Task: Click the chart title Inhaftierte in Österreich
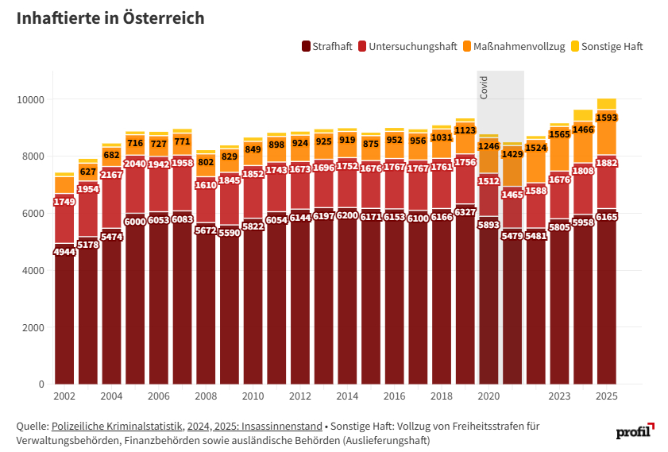[x=110, y=18]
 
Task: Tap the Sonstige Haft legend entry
[x=612, y=47]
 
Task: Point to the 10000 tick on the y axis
[x=33, y=99]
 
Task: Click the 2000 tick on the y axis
[x=35, y=327]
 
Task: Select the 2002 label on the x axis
[x=64, y=396]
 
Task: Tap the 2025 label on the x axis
[x=607, y=396]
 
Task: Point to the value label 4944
[x=64, y=252]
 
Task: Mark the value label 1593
[x=607, y=118]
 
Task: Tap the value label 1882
[x=607, y=163]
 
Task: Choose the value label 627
[x=87, y=172]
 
